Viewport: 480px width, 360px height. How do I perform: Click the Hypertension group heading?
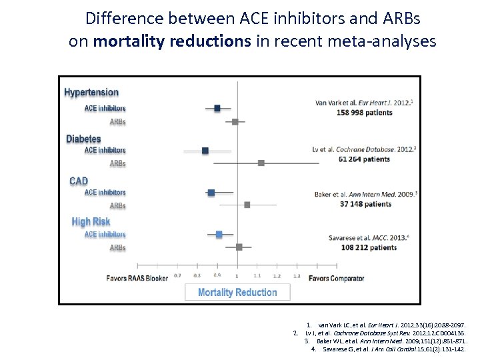(x=91, y=93)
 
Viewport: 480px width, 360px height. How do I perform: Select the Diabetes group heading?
(x=83, y=139)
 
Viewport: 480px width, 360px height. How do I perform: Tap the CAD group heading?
(x=79, y=181)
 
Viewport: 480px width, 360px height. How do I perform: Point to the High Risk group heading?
(x=91, y=221)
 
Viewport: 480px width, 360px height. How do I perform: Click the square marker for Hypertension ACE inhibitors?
(x=217, y=107)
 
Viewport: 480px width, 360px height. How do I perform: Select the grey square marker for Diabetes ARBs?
(x=261, y=163)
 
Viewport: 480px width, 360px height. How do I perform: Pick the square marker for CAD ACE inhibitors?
(x=211, y=192)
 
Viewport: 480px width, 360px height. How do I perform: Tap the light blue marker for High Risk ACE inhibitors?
(x=219, y=234)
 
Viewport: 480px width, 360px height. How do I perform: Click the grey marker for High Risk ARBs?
(x=239, y=247)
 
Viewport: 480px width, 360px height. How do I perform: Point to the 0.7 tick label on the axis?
(x=177, y=275)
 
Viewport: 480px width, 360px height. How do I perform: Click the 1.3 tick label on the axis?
(x=297, y=275)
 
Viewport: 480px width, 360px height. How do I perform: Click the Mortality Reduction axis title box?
(x=237, y=292)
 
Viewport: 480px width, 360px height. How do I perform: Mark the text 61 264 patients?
(x=365, y=159)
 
